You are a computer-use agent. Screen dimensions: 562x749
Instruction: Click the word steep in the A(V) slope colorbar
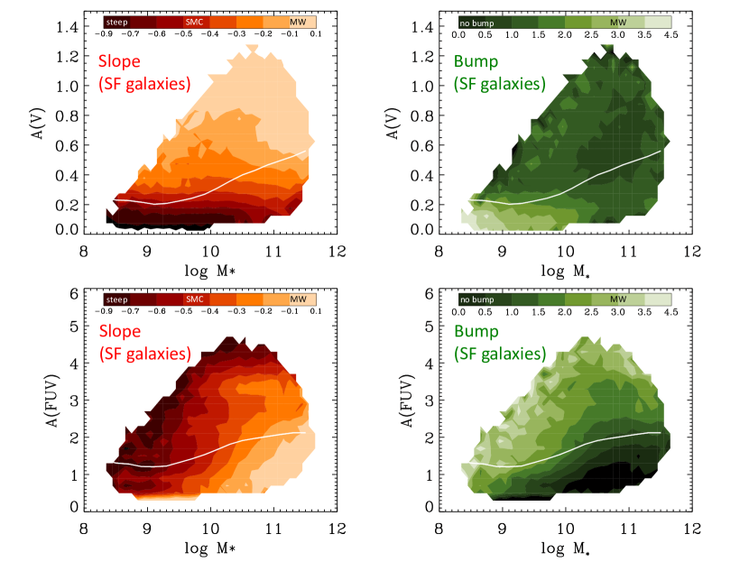[116, 18]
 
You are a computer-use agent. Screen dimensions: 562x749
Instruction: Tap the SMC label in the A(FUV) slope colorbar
[194, 299]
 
